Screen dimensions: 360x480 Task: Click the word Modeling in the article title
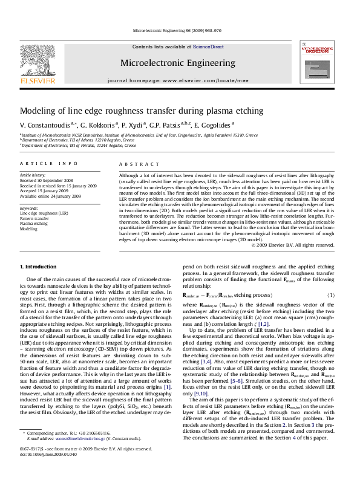pos(37,111)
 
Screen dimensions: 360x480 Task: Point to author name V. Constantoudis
pos(44,125)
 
